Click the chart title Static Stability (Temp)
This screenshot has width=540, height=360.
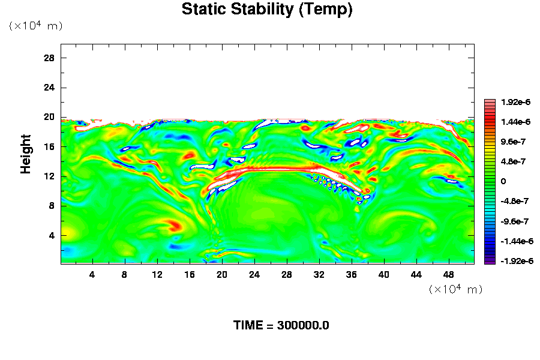point(267,10)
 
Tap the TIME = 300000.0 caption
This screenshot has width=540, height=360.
point(281,326)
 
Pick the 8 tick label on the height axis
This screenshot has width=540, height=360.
point(52,206)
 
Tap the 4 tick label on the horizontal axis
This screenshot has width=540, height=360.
point(92,274)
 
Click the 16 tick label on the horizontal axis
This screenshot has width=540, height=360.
point(189,274)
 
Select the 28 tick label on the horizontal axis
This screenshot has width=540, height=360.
point(286,274)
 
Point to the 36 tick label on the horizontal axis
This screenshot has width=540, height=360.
point(352,274)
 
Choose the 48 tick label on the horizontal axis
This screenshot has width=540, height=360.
point(449,274)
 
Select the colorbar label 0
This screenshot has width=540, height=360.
point(504,181)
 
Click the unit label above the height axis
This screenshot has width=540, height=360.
point(35,26)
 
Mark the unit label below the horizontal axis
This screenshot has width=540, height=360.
point(455,289)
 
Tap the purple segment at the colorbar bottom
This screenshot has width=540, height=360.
point(490,261)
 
